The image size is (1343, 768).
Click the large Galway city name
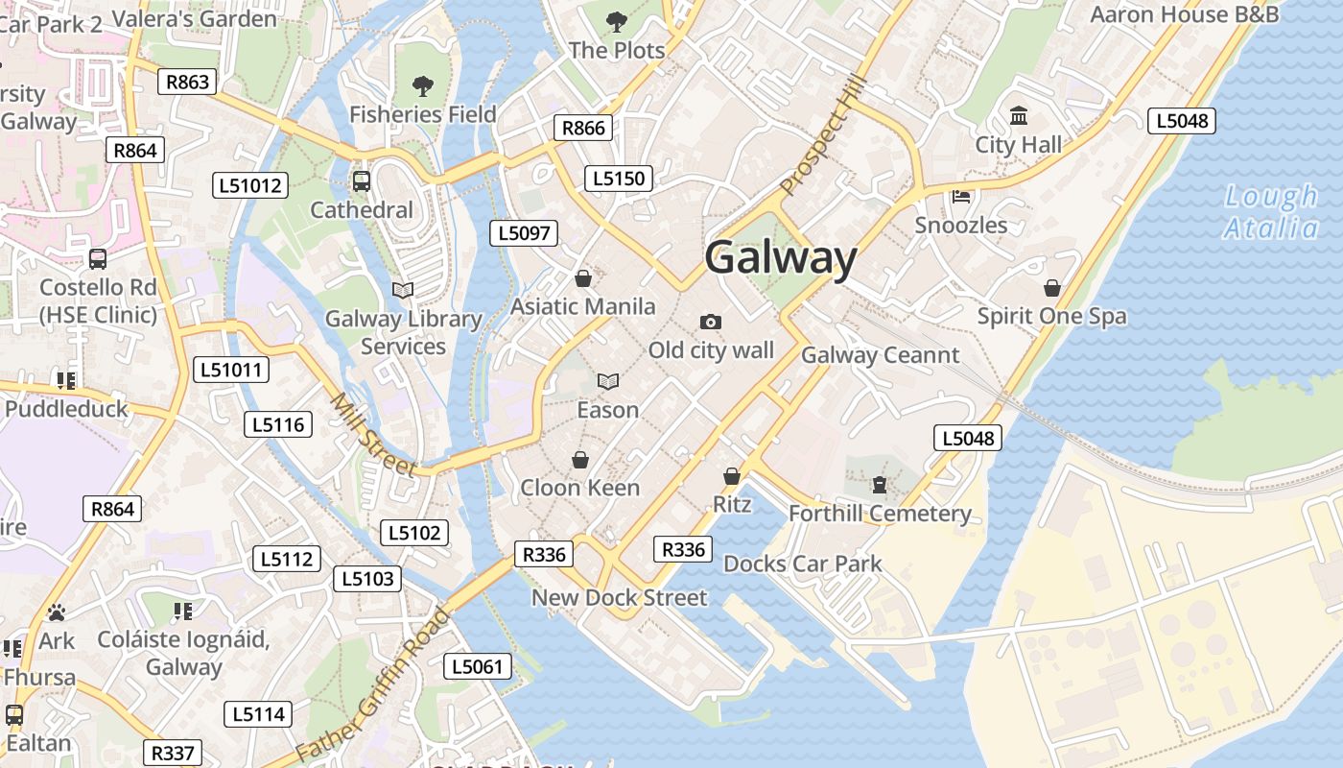click(780, 258)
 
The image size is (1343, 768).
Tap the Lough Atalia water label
click(1271, 212)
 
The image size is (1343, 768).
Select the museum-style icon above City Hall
click(1018, 117)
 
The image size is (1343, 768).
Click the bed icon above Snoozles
click(961, 197)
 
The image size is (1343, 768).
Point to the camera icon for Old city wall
click(710, 322)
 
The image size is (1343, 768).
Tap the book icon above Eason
click(607, 381)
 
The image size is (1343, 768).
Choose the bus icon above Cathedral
click(362, 180)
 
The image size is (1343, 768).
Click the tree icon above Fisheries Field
click(422, 86)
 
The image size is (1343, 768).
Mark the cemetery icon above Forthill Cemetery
click(880, 485)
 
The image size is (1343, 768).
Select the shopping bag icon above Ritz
click(732, 476)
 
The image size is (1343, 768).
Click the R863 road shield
click(187, 82)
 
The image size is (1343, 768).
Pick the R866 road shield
click(583, 128)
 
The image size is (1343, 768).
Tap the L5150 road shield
click(619, 178)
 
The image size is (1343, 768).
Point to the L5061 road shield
click(478, 666)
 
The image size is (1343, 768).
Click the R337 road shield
click(173, 754)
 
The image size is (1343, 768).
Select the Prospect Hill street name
click(822, 136)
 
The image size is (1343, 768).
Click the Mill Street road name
click(373, 435)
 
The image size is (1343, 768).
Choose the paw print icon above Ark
click(57, 612)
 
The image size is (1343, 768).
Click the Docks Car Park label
click(802, 564)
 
